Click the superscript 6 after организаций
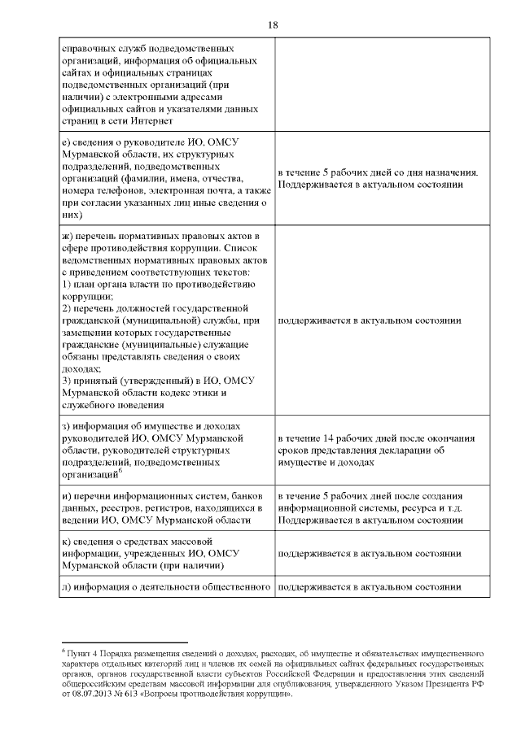coord(120,470)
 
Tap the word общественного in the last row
coord(237,586)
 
